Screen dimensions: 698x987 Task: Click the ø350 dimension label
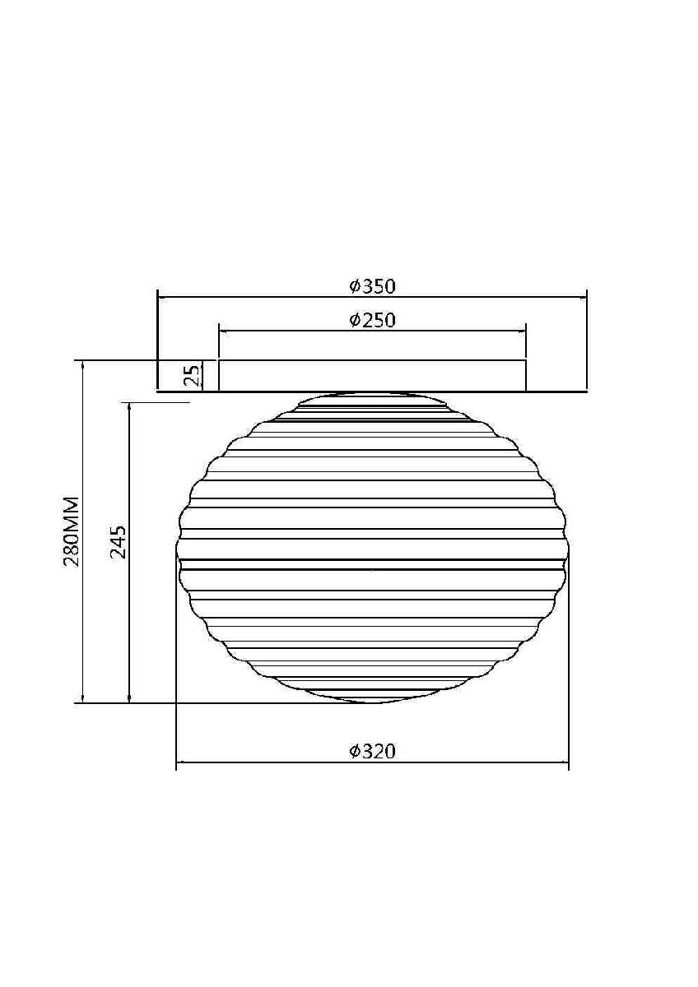pos(372,287)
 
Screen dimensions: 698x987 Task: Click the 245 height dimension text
pos(119,541)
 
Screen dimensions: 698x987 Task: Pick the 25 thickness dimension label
pos(192,375)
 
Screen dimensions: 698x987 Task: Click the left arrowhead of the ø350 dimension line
pos(162,298)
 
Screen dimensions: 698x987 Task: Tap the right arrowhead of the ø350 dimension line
pos(582,298)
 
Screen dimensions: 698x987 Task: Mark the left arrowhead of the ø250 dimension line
pos(224,331)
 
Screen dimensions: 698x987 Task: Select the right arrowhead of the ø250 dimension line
pos(521,331)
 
